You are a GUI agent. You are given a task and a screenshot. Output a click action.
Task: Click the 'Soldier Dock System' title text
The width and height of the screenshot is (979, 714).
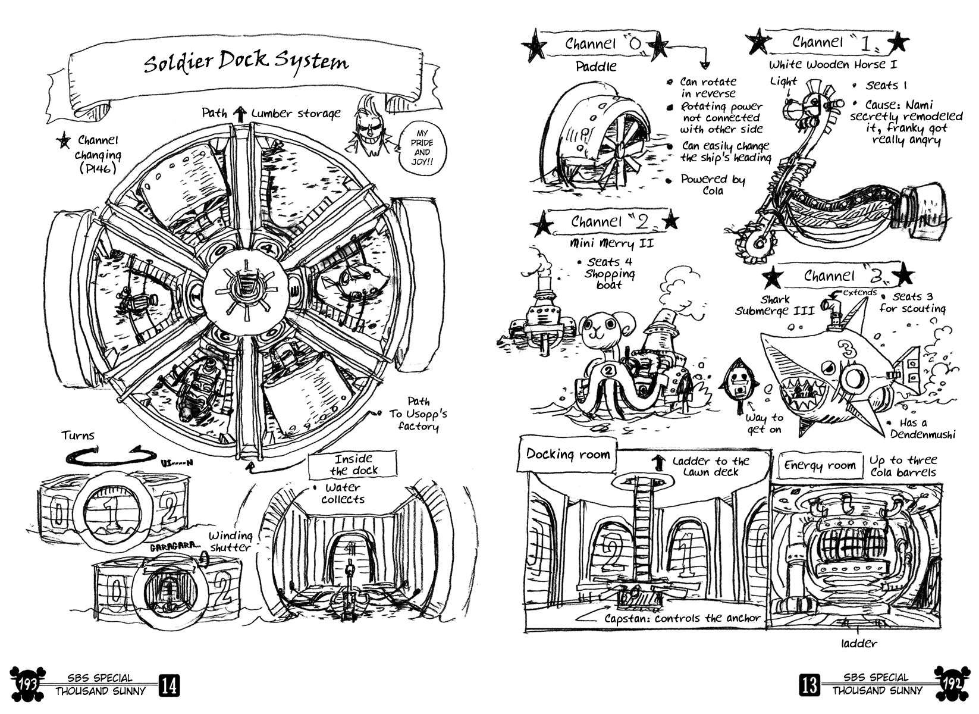pyautogui.click(x=246, y=62)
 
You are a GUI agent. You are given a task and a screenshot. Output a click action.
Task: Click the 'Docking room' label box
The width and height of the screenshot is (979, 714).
pyautogui.click(x=568, y=455)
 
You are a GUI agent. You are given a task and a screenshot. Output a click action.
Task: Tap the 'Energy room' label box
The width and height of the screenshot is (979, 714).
pyautogui.click(x=820, y=465)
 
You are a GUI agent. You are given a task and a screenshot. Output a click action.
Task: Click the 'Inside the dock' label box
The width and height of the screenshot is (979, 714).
pyautogui.click(x=353, y=465)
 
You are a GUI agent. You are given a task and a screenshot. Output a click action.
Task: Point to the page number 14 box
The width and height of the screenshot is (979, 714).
pyautogui.click(x=169, y=686)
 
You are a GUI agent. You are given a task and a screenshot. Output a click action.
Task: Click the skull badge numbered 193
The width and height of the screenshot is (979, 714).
pyautogui.click(x=27, y=684)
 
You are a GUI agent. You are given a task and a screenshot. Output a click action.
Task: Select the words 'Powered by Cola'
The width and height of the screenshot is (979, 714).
pyautogui.click(x=712, y=184)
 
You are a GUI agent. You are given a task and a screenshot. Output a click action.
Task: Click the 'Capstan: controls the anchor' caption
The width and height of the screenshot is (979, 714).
pyautogui.click(x=682, y=618)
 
